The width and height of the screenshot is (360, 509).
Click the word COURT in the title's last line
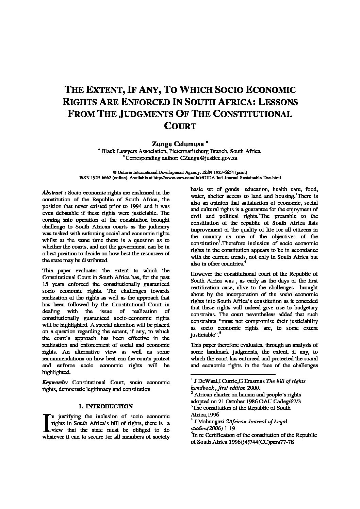coord(180,126)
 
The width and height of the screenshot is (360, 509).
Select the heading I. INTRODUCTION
coord(105,406)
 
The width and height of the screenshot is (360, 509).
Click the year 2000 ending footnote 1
coord(254,388)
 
